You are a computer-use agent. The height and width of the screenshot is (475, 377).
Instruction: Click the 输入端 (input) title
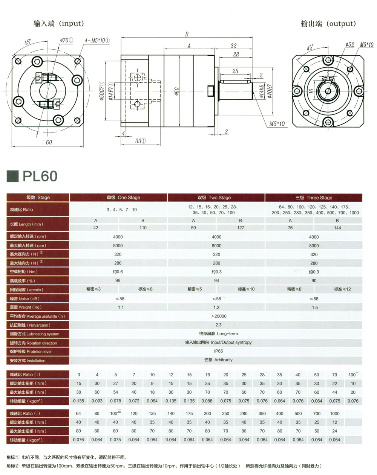58,23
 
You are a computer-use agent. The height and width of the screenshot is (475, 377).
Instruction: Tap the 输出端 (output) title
328,24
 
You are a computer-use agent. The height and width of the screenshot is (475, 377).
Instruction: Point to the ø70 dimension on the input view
66,40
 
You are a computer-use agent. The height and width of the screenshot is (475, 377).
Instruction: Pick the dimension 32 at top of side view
233,46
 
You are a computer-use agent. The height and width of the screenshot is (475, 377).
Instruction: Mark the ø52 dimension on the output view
349,45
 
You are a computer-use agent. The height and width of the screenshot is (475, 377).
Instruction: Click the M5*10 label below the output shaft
277,123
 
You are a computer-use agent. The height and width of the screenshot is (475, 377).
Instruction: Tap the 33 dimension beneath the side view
140,141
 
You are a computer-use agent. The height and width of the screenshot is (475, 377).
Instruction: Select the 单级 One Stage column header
118,197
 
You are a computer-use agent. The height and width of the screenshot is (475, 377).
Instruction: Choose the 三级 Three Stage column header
314,197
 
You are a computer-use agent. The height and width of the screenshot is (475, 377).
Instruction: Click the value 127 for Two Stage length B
241,228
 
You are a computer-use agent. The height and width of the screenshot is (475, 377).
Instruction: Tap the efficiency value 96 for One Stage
118,281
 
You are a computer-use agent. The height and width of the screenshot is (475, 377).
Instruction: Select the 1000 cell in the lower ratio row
335,413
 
